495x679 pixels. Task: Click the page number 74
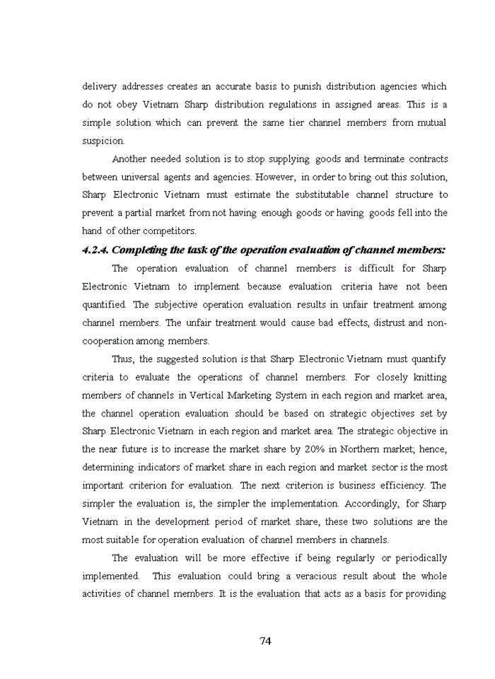pyautogui.click(x=265, y=641)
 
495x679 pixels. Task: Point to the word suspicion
pyautogui.click(x=103, y=141)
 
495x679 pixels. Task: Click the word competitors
pyautogui.click(x=171, y=231)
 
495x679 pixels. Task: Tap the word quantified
pyautogui.click(x=104, y=305)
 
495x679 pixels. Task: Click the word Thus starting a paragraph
pyautogui.click(x=123, y=359)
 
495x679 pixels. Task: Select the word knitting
pyautogui.click(x=426, y=377)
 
